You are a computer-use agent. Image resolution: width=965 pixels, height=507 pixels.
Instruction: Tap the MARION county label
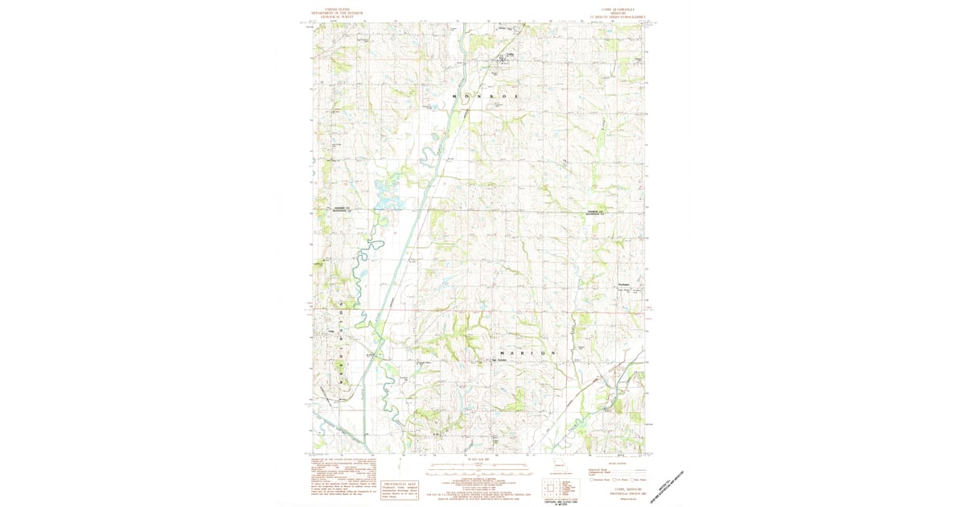pyautogui.click(x=528, y=353)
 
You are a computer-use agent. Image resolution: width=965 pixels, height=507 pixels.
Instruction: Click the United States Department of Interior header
pyautogui.click(x=334, y=14)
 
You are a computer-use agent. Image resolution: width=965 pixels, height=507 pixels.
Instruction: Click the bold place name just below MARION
pyautogui.click(x=499, y=361)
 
